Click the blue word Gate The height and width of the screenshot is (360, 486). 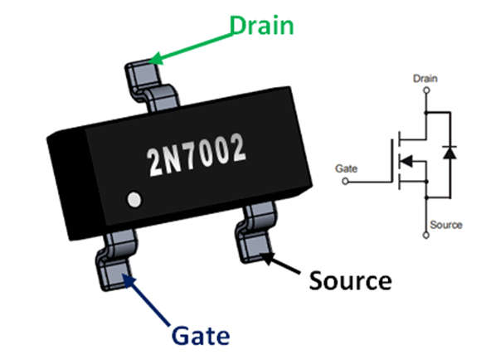pos(201,336)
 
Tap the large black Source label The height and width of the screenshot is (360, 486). pos(350,280)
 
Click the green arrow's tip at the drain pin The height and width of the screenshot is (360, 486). pos(154,61)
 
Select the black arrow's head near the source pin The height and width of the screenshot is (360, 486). pos(266,260)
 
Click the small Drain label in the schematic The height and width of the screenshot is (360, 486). pos(425,79)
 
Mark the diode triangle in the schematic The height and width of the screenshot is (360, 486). pos(449,153)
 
